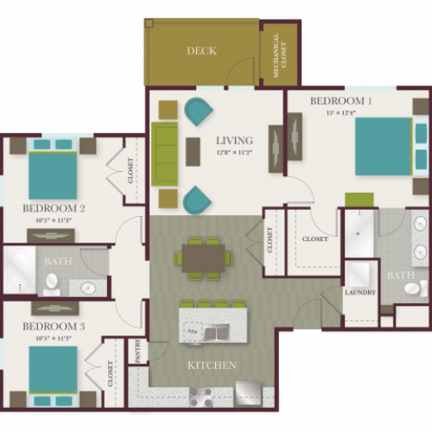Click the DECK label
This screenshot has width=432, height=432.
[x=201, y=51]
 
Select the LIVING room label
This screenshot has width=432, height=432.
[x=234, y=140]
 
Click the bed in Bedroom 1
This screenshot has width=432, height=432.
[x=383, y=146]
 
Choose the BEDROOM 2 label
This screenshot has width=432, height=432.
[x=54, y=208]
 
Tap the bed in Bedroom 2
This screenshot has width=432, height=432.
[x=54, y=174]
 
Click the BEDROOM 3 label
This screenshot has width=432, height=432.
[x=53, y=326]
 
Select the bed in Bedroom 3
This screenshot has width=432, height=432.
[x=54, y=370]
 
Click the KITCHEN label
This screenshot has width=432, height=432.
[x=212, y=365]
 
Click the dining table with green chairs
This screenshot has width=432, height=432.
[x=204, y=257]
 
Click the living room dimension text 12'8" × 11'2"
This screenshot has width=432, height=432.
[x=233, y=152]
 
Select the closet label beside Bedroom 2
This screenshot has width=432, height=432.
[x=131, y=170]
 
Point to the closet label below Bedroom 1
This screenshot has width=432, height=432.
[x=314, y=239]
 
